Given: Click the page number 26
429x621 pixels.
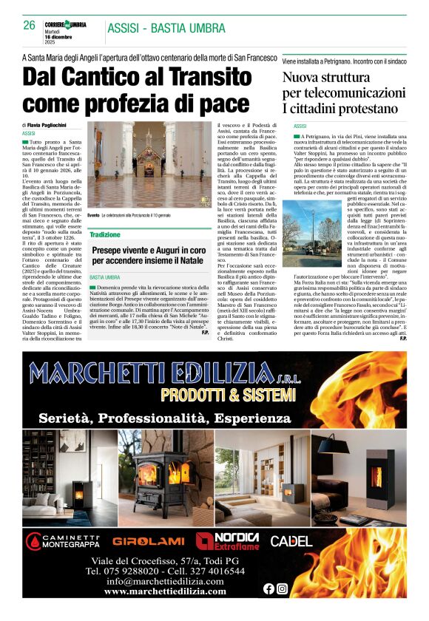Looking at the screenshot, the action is tap(29, 25).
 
